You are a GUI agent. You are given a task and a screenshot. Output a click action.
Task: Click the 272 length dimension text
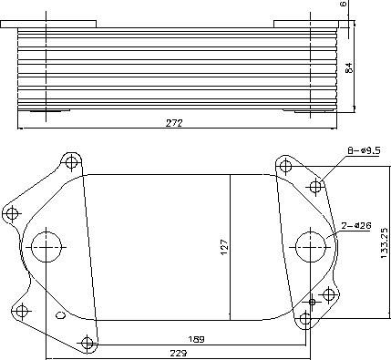(x=174, y=123)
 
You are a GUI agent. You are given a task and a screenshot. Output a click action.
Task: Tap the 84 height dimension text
(x=350, y=67)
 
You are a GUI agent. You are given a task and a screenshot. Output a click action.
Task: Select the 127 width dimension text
(x=224, y=248)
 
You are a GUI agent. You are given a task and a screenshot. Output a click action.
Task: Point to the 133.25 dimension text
(x=385, y=243)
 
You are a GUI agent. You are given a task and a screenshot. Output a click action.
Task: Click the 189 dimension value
(x=196, y=339)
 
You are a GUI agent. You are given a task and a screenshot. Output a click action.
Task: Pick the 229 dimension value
(x=178, y=354)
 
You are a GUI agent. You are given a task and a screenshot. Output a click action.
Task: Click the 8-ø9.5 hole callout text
(x=364, y=150)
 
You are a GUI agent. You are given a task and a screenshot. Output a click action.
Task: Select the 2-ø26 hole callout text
(x=356, y=226)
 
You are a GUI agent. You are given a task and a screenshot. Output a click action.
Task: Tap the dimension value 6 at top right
(x=344, y=4)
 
